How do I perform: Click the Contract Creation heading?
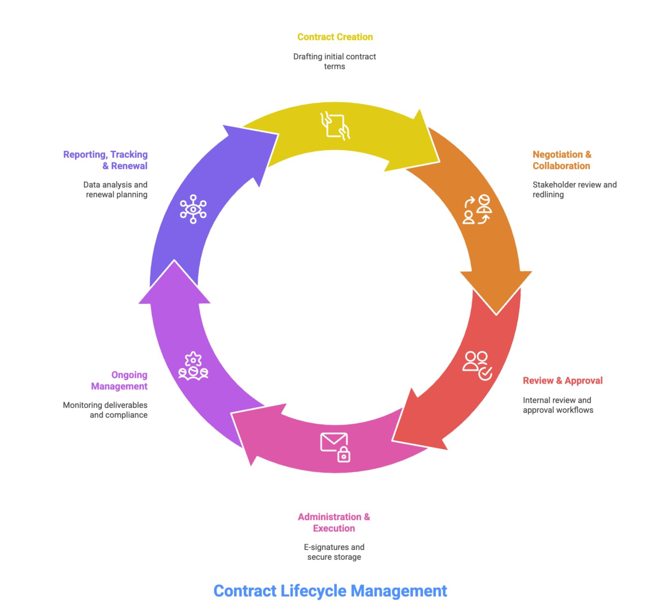pyautogui.click(x=335, y=37)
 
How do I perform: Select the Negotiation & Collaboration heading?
pyautogui.click(x=562, y=160)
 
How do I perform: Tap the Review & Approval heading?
pyautogui.click(x=562, y=380)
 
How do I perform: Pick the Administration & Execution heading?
pyautogui.click(x=334, y=522)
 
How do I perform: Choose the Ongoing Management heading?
pyautogui.click(x=119, y=380)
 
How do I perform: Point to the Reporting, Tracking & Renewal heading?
pyautogui.click(x=106, y=160)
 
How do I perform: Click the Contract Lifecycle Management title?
pyautogui.click(x=330, y=591)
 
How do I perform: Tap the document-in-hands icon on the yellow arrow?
pyautogui.click(x=335, y=126)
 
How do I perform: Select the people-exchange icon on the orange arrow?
pyautogui.click(x=477, y=209)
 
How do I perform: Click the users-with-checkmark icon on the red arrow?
pyautogui.click(x=477, y=365)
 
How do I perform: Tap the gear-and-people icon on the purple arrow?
pyautogui.click(x=193, y=366)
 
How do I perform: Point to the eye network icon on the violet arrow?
pyautogui.click(x=193, y=209)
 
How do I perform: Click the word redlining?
pyautogui.click(x=548, y=195)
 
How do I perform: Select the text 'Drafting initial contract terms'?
pyautogui.click(x=334, y=62)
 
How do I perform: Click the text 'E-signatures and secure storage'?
pyautogui.click(x=334, y=552)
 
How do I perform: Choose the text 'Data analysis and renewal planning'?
pyautogui.click(x=115, y=190)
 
